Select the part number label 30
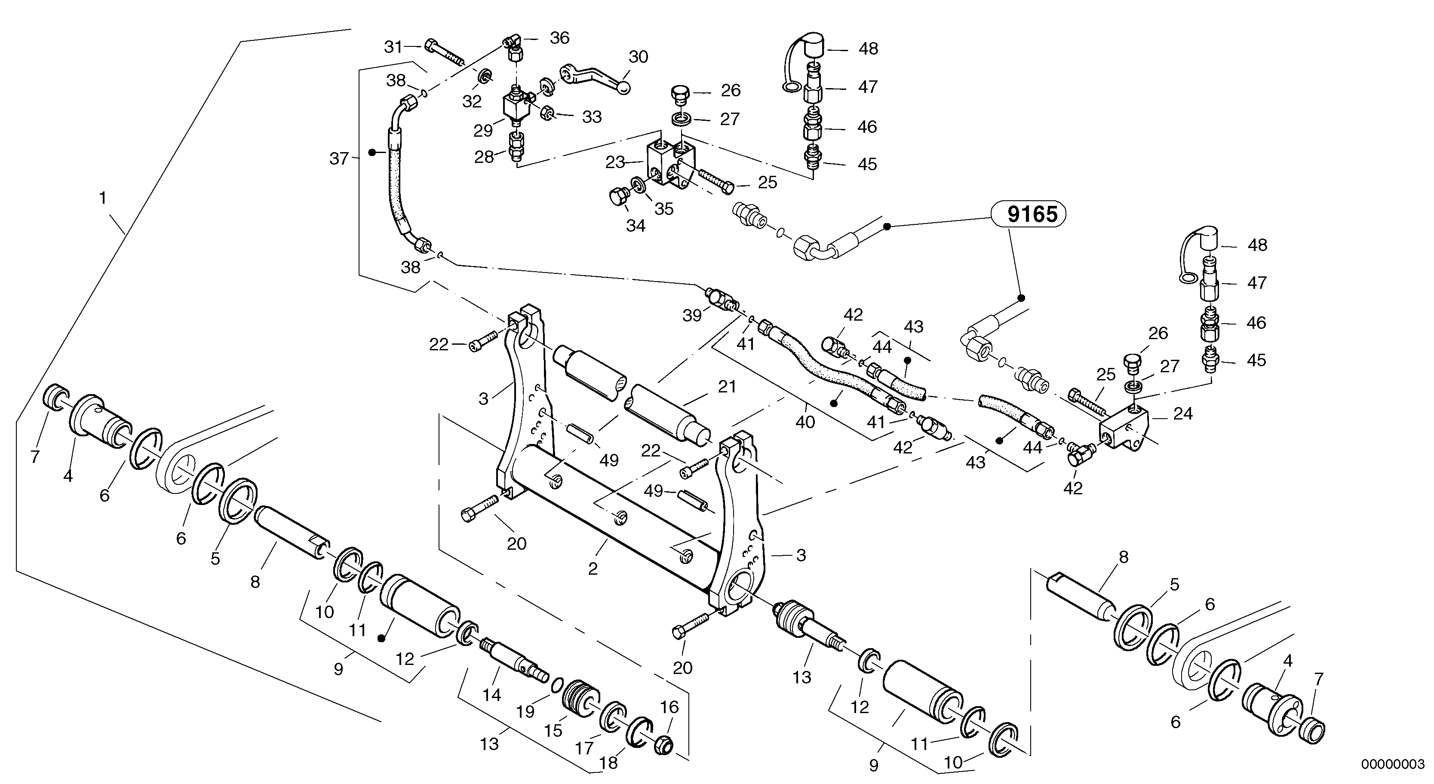coord(639,57)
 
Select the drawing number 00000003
coord(1392,764)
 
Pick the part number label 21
coord(727,387)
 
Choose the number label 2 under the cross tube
coord(593,569)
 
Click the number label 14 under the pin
coord(491,695)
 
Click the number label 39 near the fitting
coord(692,315)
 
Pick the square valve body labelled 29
coord(515,106)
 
